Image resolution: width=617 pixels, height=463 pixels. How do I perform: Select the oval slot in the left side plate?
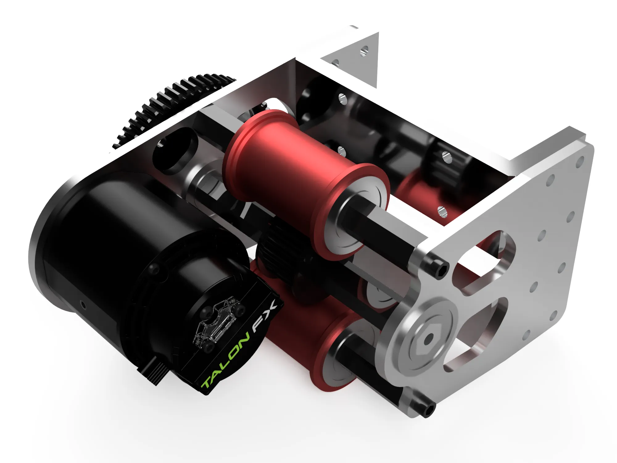pos(174,151)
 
